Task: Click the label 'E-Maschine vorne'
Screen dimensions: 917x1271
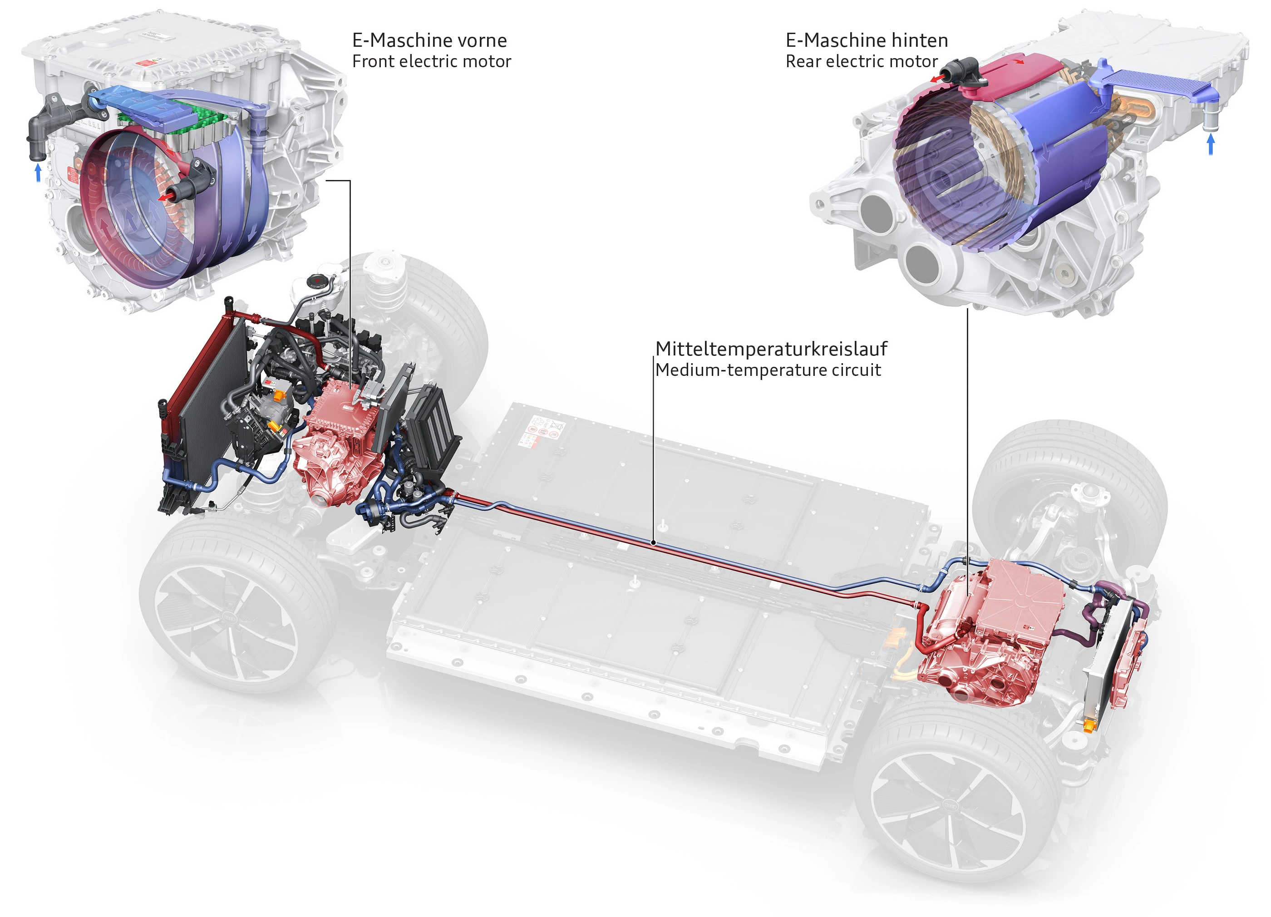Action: pyautogui.click(x=429, y=40)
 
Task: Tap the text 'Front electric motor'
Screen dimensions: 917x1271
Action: pyautogui.click(x=432, y=61)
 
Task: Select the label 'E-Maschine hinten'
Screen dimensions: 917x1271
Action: pyautogui.click(x=867, y=40)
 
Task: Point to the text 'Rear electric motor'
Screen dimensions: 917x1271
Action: pyautogui.click(x=862, y=61)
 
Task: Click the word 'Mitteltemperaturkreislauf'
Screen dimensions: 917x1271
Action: pyautogui.click(x=771, y=349)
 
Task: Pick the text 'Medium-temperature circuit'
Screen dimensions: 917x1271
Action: pyautogui.click(x=768, y=370)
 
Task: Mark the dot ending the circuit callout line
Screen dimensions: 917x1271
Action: pyautogui.click(x=654, y=542)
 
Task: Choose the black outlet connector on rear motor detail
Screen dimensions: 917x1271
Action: pyautogui.click(x=960, y=73)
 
